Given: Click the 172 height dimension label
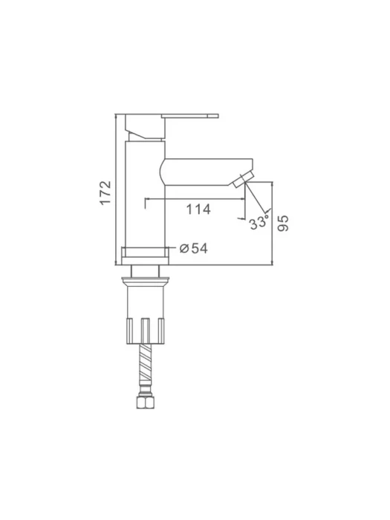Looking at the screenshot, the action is [x=105, y=193].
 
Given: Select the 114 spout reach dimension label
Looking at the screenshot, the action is [x=198, y=209].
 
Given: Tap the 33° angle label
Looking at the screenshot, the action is [x=259, y=222].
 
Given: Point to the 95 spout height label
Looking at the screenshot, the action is [x=283, y=224].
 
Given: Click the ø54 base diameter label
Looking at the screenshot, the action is [x=194, y=248].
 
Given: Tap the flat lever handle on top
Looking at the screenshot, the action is [x=190, y=115].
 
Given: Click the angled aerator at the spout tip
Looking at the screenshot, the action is [x=244, y=180].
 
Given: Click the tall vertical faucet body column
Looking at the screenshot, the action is [x=146, y=194].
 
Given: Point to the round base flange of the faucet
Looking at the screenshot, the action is [x=145, y=256].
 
